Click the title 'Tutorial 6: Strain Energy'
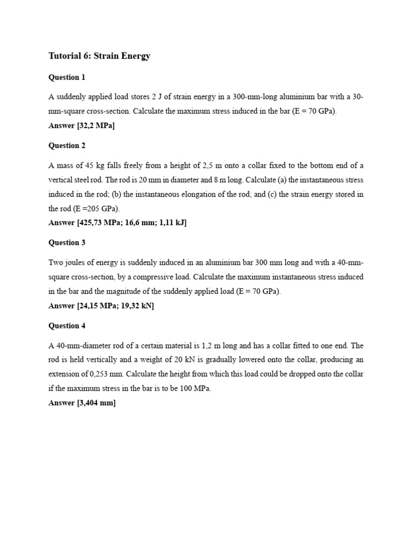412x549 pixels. point(99,56)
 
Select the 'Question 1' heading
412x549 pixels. point(67,77)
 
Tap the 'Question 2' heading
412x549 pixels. point(67,145)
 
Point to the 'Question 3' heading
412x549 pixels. point(67,242)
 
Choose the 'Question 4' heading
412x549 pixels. point(67,325)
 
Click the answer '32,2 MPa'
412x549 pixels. point(97,126)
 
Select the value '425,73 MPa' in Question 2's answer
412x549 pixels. point(104,222)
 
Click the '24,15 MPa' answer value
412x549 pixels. point(102,306)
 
